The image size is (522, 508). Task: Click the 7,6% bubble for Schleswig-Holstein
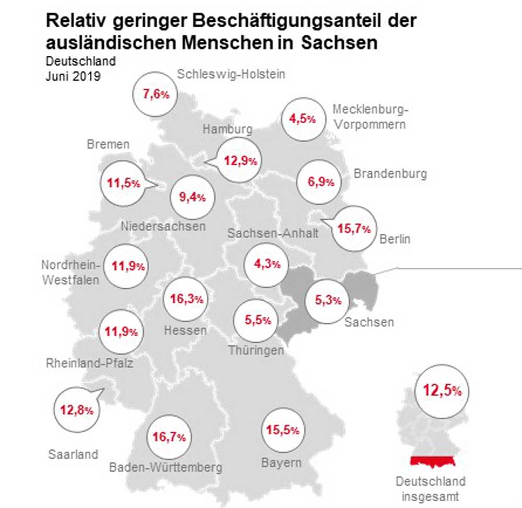[x=156, y=94]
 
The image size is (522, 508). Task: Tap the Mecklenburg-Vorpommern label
[x=370, y=117]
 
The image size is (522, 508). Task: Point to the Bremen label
[x=108, y=145]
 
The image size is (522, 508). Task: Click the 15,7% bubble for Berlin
[x=354, y=229]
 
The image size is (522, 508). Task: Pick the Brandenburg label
[x=390, y=174]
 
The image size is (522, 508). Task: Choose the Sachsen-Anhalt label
[x=272, y=233]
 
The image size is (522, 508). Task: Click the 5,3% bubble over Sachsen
[x=328, y=300]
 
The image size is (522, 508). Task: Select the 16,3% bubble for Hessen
[x=185, y=299]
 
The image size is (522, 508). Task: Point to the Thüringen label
[x=256, y=350]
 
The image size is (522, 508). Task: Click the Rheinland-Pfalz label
[x=89, y=363]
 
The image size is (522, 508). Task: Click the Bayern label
[x=281, y=463]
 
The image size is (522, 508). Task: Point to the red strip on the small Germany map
[x=432, y=461]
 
